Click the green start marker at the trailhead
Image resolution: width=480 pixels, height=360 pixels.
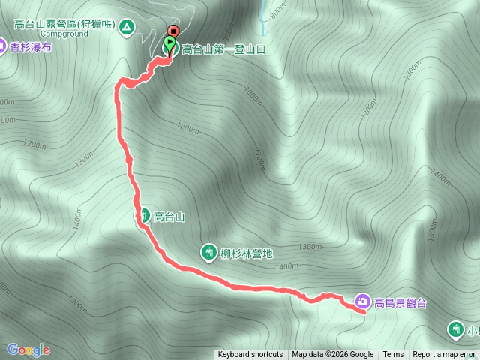click(169, 46)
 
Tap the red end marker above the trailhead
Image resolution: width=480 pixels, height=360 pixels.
click(174, 31)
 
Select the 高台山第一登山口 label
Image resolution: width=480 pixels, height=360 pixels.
click(223, 49)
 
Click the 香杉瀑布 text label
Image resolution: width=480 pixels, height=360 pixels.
click(31, 48)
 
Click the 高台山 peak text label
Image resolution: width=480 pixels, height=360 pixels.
click(169, 217)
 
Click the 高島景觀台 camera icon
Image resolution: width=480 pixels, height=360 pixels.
click(363, 301)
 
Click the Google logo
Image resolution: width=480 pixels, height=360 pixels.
click(28, 349)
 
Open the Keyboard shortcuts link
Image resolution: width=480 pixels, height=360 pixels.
click(250, 355)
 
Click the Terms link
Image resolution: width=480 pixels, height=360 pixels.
click(393, 355)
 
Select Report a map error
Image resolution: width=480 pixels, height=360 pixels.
click(444, 355)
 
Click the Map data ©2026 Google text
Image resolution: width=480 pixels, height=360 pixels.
click(333, 355)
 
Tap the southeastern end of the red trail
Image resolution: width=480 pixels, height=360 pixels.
click(364, 313)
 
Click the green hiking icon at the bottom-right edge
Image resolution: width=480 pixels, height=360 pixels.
click(455, 328)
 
